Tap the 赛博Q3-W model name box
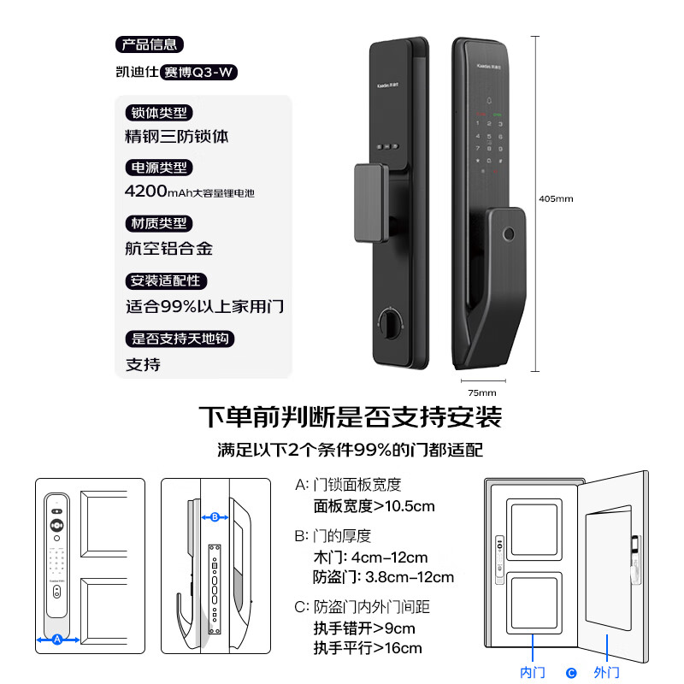[x=198, y=73]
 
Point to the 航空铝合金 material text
[x=168, y=249]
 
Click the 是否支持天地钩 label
[x=180, y=339]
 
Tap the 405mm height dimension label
[x=556, y=198]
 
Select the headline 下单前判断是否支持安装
[x=350, y=417]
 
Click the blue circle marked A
[x=57, y=639]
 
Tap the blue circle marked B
[x=215, y=516]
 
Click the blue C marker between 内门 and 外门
[x=571, y=673]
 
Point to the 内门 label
[x=533, y=673]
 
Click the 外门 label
[x=606, y=673]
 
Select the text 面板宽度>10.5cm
[x=374, y=506]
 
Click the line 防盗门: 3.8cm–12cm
[x=384, y=577]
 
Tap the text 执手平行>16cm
[x=368, y=648]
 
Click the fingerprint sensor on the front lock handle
[x=510, y=234]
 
